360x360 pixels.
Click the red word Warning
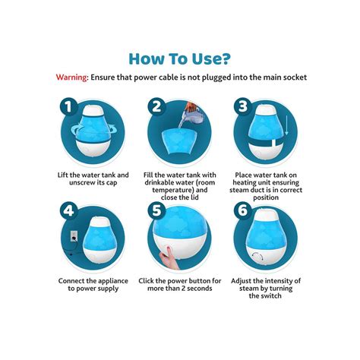pyautogui.click(x=71, y=77)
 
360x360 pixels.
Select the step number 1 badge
pyautogui.click(x=68, y=107)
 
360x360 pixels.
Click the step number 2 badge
pyautogui.click(x=156, y=106)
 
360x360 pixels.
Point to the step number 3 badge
pyautogui.click(x=242, y=106)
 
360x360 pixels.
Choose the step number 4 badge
pyautogui.click(x=68, y=210)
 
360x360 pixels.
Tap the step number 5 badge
pyautogui.click(x=156, y=210)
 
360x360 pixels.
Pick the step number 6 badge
pyautogui.click(x=242, y=210)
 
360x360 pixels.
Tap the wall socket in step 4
pyautogui.click(x=74, y=236)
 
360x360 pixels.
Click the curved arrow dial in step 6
pyautogui.click(x=258, y=256)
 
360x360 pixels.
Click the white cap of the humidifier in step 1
pyautogui.click(x=93, y=111)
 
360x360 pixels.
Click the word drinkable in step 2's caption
pyautogui.click(x=160, y=182)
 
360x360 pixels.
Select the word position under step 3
pyautogui.click(x=266, y=197)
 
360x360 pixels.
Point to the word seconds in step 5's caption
pyautogui.click(x=199, y=289)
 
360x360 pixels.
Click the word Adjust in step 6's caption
pyautogui.click(x=241, y=281)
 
